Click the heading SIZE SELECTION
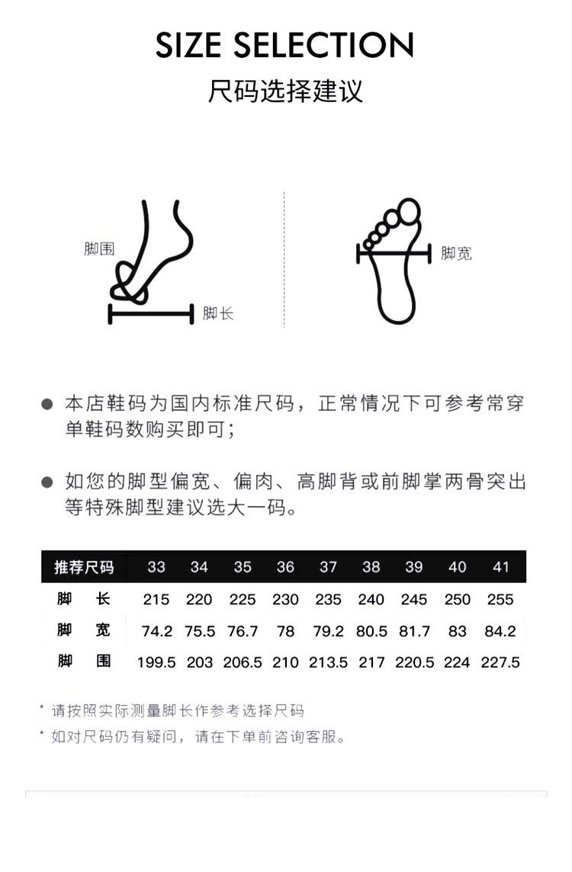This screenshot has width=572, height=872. coord(285,46)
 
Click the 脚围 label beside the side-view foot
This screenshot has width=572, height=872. coord(99,248)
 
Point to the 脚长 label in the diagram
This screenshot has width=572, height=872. coord(218,313)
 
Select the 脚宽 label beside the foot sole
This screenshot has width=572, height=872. coord(456,254)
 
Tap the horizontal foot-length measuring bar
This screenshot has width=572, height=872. coord(151,313)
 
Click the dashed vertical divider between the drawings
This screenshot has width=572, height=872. coord(284,259)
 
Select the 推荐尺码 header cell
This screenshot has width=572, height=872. coord(84,567)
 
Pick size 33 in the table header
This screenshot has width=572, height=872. coord(156,567)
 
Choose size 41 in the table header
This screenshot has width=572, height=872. coord(500,567)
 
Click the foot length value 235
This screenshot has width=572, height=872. coord(328,599)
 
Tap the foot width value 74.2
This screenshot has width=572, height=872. coord(156,631)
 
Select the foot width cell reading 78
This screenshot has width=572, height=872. coord(285,631)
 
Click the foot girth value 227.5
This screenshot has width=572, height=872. coord(500,662)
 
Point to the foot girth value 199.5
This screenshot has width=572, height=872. coord(156,662)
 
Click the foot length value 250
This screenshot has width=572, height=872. coord(457,599)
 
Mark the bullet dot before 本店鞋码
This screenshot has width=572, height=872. coord(47,405)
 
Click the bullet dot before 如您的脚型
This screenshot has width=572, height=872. coord(47,482)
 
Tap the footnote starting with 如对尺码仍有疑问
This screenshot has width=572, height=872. coord(198,737)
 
